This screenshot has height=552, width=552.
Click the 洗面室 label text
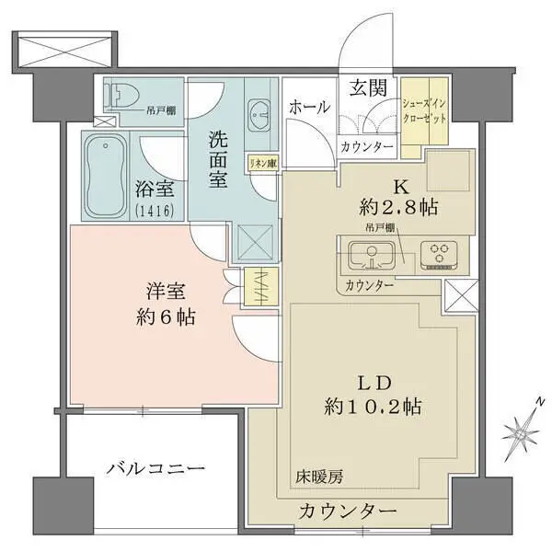217,160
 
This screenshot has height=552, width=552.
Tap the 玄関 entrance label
367,89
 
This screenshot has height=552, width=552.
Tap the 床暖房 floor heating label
319,477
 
